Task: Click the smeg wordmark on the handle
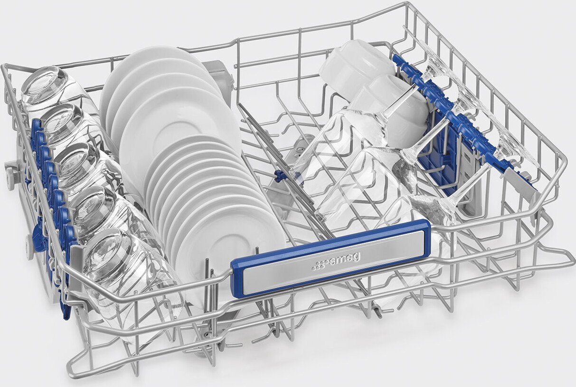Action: pyautogui.click(x=345, y=259)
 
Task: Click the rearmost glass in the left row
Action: pyautogui.click(x=51, y=91)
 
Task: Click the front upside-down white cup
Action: pyautogui.click(x=391, y=111)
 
